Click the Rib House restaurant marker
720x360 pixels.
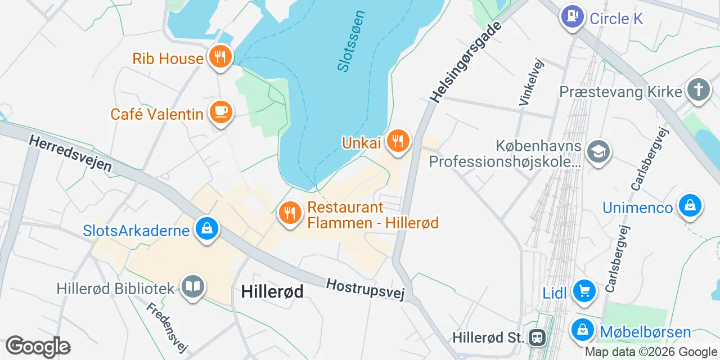point(220,57)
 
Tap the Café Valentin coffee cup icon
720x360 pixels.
point(220,112)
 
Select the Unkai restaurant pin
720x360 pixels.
point(398,141)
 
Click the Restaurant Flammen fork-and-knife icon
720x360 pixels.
point(290,213)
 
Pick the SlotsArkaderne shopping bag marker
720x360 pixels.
point(206,229)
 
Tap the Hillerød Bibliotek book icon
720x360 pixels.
point(193,287)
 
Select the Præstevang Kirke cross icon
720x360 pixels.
point(699,90)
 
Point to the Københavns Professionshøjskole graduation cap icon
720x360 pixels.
point(598,151)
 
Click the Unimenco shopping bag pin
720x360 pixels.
point(690,206)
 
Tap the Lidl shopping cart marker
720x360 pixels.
point(584,291)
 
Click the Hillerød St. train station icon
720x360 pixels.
point(537,337)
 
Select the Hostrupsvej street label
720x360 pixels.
point(366,289)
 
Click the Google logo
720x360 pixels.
point(38,346)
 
